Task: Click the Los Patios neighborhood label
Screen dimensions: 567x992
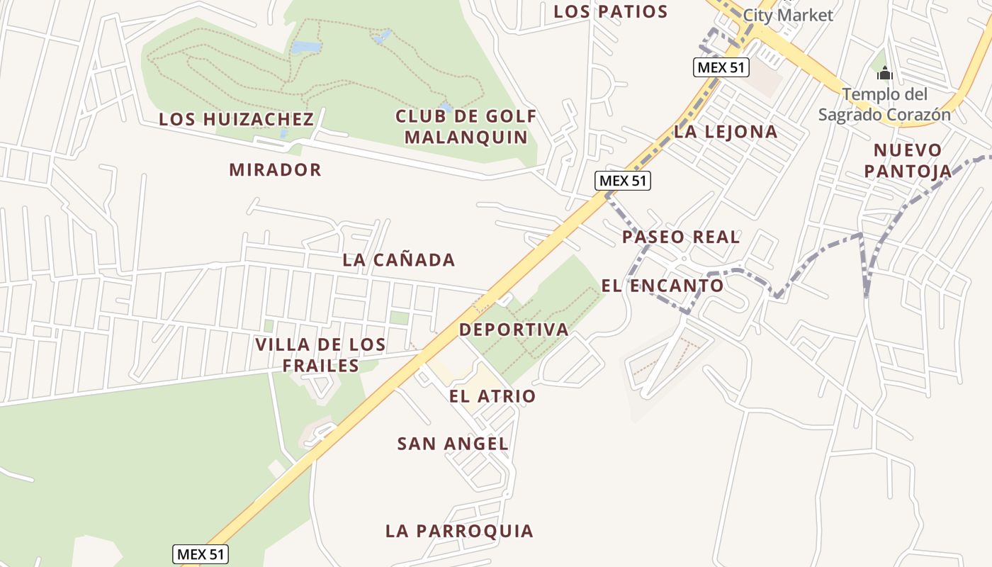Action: pos(610,12)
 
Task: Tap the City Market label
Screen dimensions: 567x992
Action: pos(787,15)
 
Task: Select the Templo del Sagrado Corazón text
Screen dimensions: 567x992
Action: pos(884,104)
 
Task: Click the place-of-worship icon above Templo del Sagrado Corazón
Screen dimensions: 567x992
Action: pos(884,73)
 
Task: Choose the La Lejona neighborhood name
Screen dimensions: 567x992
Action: pos(726,131)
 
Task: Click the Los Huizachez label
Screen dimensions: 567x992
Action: pos(236,119)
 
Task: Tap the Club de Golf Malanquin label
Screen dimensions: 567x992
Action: pos(466,126)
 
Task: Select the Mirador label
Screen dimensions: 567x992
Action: pos(275,170)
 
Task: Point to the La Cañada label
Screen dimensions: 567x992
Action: pos(398,260)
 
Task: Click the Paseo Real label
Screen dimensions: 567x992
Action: pos(681,237)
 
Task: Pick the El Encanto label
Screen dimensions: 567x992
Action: pos(663,286)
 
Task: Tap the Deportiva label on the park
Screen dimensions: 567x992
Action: pos(514,330)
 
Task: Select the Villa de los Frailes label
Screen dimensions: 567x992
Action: pos(320,355)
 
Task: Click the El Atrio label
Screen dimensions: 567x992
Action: pos(492,396)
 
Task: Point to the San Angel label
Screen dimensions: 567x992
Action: pos(453,444)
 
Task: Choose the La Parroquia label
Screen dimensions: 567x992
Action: pos(459,531)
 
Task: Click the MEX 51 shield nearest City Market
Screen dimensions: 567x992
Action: pos(721,67)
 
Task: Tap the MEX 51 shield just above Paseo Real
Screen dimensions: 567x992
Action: pos(622,181)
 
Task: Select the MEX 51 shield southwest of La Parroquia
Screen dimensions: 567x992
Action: pos(201,554)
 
